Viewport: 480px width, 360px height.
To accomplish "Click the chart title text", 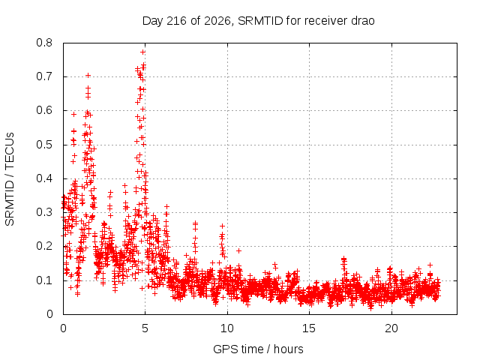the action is coord(258,21).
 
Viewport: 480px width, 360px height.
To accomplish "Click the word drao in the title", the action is coord(362,21).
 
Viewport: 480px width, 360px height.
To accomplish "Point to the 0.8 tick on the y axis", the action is coord(44,43).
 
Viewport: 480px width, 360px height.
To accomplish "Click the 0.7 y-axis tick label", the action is coord(44,76).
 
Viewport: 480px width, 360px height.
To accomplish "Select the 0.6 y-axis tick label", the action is coord(44,110).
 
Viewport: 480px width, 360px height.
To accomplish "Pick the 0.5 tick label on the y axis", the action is coord(44,145).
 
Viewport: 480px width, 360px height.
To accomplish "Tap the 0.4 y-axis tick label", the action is coord(44,178).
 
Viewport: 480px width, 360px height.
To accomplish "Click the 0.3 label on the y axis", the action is coord(44,212).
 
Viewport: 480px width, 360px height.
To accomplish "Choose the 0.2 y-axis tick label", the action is coord(44,247).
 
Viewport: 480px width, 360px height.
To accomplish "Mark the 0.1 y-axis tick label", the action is coord(44,280).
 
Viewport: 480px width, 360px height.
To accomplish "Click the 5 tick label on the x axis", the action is coord(145,328).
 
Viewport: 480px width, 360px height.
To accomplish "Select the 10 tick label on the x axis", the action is coord(227,328).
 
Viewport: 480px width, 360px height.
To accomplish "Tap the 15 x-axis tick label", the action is coord(309,328).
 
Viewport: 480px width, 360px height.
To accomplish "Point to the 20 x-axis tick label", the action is coord(391,328).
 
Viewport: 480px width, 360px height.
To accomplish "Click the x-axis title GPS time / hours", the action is coord(258,349).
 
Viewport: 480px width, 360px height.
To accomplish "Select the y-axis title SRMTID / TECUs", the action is coord(10,179).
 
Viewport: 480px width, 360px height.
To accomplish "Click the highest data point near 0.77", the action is coord(142,52).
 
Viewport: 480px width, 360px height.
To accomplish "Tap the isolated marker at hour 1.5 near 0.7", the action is coord(88,75).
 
